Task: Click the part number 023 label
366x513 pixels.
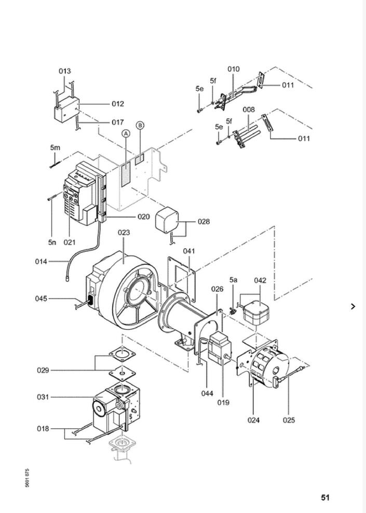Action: pos(124,233)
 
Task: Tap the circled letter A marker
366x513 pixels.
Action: pos(126,133)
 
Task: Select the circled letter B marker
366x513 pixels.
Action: pos(140,125)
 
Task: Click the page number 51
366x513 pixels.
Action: pos(325,497)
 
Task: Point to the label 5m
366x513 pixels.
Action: pos(55,147)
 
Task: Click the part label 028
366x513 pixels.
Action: pos(204,222)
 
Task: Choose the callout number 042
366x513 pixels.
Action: pos(260,280)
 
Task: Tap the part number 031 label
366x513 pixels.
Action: pos(43,397)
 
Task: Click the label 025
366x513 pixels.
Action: pos(289,420)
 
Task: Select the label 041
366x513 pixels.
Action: pos(189,251)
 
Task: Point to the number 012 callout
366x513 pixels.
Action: pos(118,104)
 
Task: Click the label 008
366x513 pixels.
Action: pos(249,110)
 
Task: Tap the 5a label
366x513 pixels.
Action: pos(233,280)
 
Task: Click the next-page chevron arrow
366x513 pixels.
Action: pos(353,306)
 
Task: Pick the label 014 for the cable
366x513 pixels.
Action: pos(41,261)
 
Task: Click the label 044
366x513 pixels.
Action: pos(207,394)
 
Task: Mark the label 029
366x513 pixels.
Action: pos(43,370)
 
